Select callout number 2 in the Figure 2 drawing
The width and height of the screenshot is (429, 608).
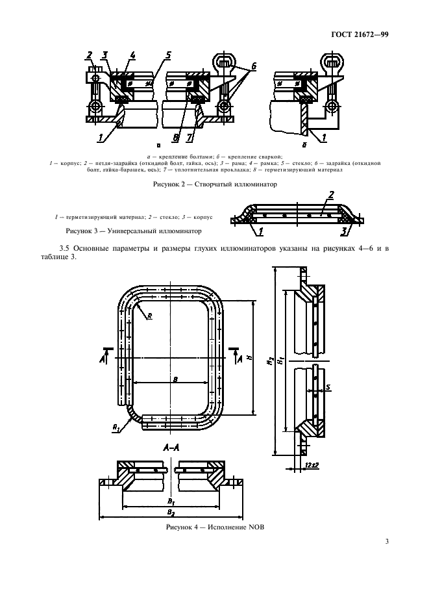tap(90, 55)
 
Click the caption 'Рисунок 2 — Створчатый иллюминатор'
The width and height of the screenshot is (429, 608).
tap(214, 184)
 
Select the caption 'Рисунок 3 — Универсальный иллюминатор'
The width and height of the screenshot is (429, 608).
tap(132, 231)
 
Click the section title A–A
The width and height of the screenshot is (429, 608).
tap(159, 449)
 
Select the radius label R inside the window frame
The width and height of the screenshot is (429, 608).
tap(150, 316)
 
